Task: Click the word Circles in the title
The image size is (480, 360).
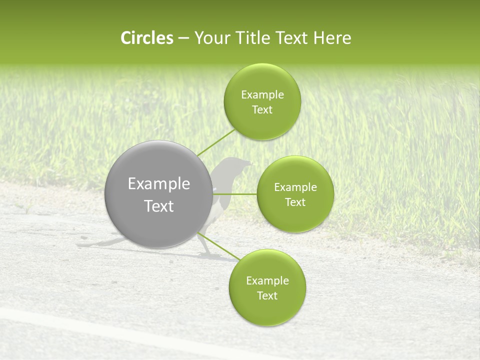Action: point(146,38)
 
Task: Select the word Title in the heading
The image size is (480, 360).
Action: point(258,38)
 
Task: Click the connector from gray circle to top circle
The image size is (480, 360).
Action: point(215,142)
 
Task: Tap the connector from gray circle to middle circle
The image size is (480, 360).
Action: point(234,194)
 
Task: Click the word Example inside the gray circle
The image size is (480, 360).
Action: point(159,184)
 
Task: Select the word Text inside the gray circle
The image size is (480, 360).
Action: point(159,206)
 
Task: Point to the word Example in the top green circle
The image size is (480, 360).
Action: point(262,94)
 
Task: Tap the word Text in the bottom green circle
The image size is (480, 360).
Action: point(267,295)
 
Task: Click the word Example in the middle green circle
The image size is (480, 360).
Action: point(295,187)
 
